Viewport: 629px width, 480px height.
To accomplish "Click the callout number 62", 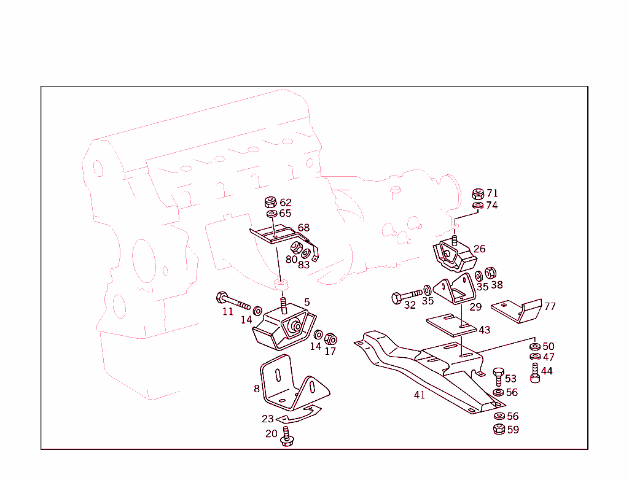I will click(286, 203).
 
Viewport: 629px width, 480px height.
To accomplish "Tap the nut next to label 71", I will click(478, 194).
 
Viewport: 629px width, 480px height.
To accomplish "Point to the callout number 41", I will click(420, 395).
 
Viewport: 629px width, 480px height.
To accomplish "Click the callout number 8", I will click(257, 388).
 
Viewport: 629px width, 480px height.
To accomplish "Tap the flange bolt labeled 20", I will click(286, 437).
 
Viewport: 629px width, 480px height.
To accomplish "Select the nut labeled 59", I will click(498, 429).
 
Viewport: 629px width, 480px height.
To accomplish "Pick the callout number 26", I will click(479, 249).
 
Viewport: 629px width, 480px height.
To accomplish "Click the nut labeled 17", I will click(330, 338).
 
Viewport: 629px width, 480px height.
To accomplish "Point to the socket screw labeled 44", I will click(535, 373).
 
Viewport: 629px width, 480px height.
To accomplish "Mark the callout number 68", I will click(303, 228).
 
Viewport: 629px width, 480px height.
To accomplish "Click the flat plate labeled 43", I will click(450, 325).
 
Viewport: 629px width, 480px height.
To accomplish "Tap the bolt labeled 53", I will click(498, 376).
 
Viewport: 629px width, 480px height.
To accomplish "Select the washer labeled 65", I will click(271, 214).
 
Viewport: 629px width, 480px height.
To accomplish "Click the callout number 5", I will click(307, 302).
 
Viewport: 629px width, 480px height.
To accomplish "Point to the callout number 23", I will click(268, 419).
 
